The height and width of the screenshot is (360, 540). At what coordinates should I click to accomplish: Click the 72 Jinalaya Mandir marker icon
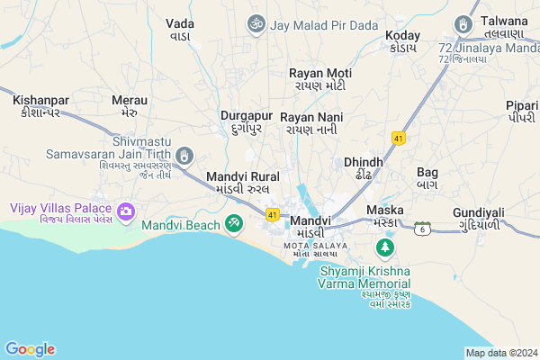point(463,23)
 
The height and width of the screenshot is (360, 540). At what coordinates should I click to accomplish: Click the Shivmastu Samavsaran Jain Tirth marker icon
point(184,157)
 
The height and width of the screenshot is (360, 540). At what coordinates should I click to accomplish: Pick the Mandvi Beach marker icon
point(234,221)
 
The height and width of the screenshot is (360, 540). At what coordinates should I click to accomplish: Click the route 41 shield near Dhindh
point(398,138)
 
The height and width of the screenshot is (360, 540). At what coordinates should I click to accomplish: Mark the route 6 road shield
point(421,229)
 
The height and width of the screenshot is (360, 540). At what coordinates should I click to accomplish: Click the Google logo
point(31,349)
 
